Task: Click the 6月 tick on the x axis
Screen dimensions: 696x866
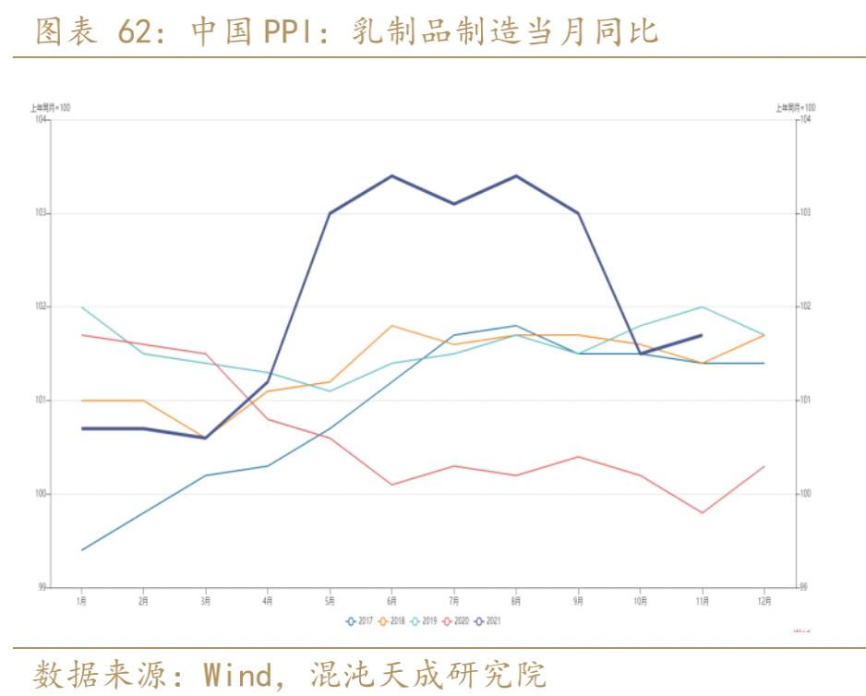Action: click(392, 601)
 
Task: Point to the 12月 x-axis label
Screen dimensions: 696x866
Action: click(764, 601)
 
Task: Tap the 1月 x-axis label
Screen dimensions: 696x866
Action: click(82, 601)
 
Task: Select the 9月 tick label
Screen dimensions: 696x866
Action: click(578, 601)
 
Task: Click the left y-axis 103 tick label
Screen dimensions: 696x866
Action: click(40, 213)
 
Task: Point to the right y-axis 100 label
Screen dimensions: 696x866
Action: click(803, 494)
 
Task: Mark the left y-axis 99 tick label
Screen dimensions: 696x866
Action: click(42, 587)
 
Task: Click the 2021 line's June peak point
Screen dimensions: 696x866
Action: click(392, 175)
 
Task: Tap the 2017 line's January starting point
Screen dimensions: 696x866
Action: click(82, 550)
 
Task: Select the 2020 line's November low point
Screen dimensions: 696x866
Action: click(703, 512)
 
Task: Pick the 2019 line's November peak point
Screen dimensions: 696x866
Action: click(703, 306)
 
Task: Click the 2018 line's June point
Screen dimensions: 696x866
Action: click(392, 326)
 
